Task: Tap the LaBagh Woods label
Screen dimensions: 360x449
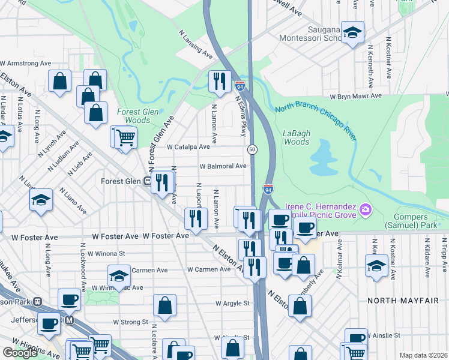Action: [296, 138]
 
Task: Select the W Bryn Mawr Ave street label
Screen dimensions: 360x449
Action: [355, 96]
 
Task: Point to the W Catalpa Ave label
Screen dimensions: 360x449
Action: [188, 146]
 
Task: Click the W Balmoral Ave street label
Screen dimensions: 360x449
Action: [223, 166]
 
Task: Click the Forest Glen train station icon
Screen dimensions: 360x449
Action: [146, 181]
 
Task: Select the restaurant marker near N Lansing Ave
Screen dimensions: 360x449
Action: [220, 80]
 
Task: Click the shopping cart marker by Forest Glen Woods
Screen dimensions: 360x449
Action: [125, 137]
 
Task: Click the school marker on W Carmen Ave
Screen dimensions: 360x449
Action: [119, 275]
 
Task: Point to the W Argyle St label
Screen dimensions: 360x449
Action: [233, 304]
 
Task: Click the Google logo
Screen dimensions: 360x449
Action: [20, 353]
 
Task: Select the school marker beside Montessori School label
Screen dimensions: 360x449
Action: [352, 32]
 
